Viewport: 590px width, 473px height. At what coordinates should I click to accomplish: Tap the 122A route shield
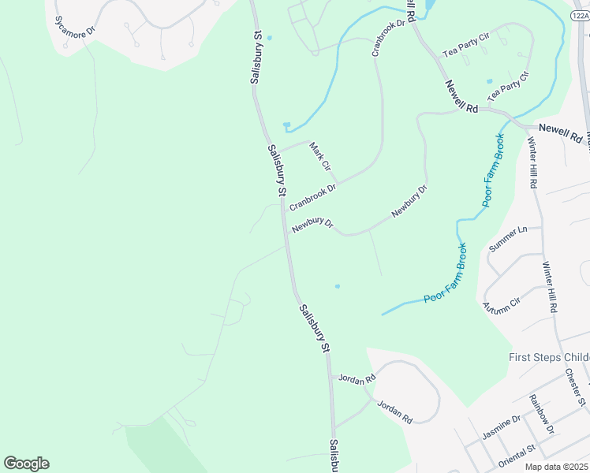[578, 16]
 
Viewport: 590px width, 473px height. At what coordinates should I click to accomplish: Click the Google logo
[26, 464]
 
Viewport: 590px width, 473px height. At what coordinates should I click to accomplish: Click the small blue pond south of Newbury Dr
[338, 286]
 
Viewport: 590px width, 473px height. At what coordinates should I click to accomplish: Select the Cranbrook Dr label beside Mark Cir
[313, 197]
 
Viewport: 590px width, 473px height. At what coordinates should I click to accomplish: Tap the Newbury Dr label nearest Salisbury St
[313, 225]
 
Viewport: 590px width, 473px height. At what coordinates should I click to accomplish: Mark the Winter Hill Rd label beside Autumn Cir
[549, 287]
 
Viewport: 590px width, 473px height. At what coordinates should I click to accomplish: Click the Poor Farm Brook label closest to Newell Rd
[493, 170]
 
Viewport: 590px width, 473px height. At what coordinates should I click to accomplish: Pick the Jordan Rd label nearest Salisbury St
[357, 378]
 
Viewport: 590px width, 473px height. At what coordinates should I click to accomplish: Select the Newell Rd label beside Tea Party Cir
[462, 98]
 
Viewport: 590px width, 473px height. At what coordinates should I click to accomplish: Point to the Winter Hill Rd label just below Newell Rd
[532, 162]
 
